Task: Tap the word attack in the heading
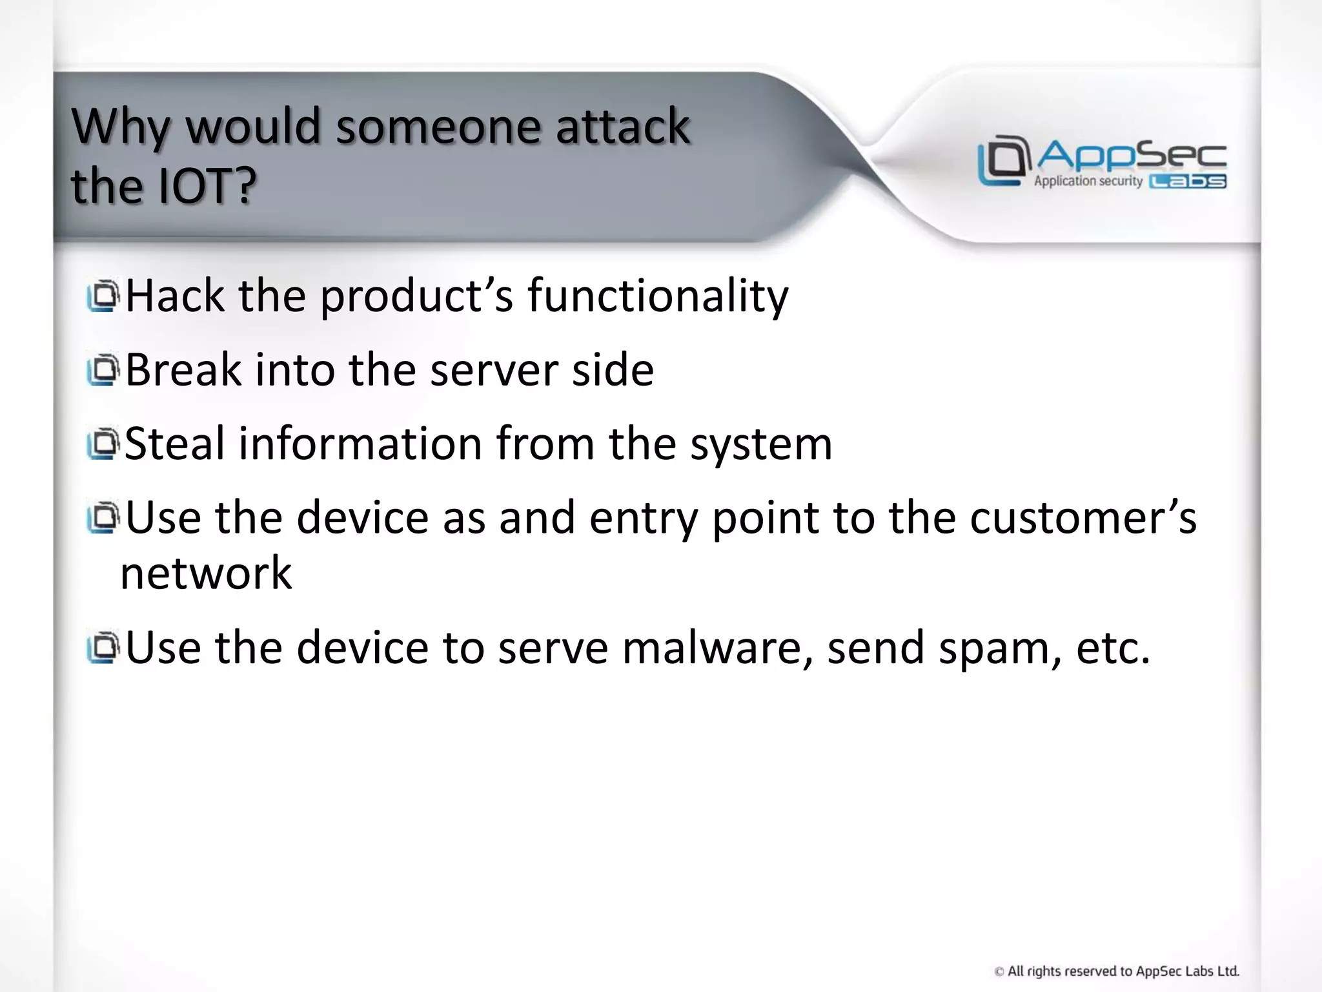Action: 622,126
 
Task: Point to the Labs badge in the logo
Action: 1188,182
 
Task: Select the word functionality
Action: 658,296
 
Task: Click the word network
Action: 206,573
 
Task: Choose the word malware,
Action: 717,648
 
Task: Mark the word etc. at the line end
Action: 1113,648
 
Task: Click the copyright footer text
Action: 1117,971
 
